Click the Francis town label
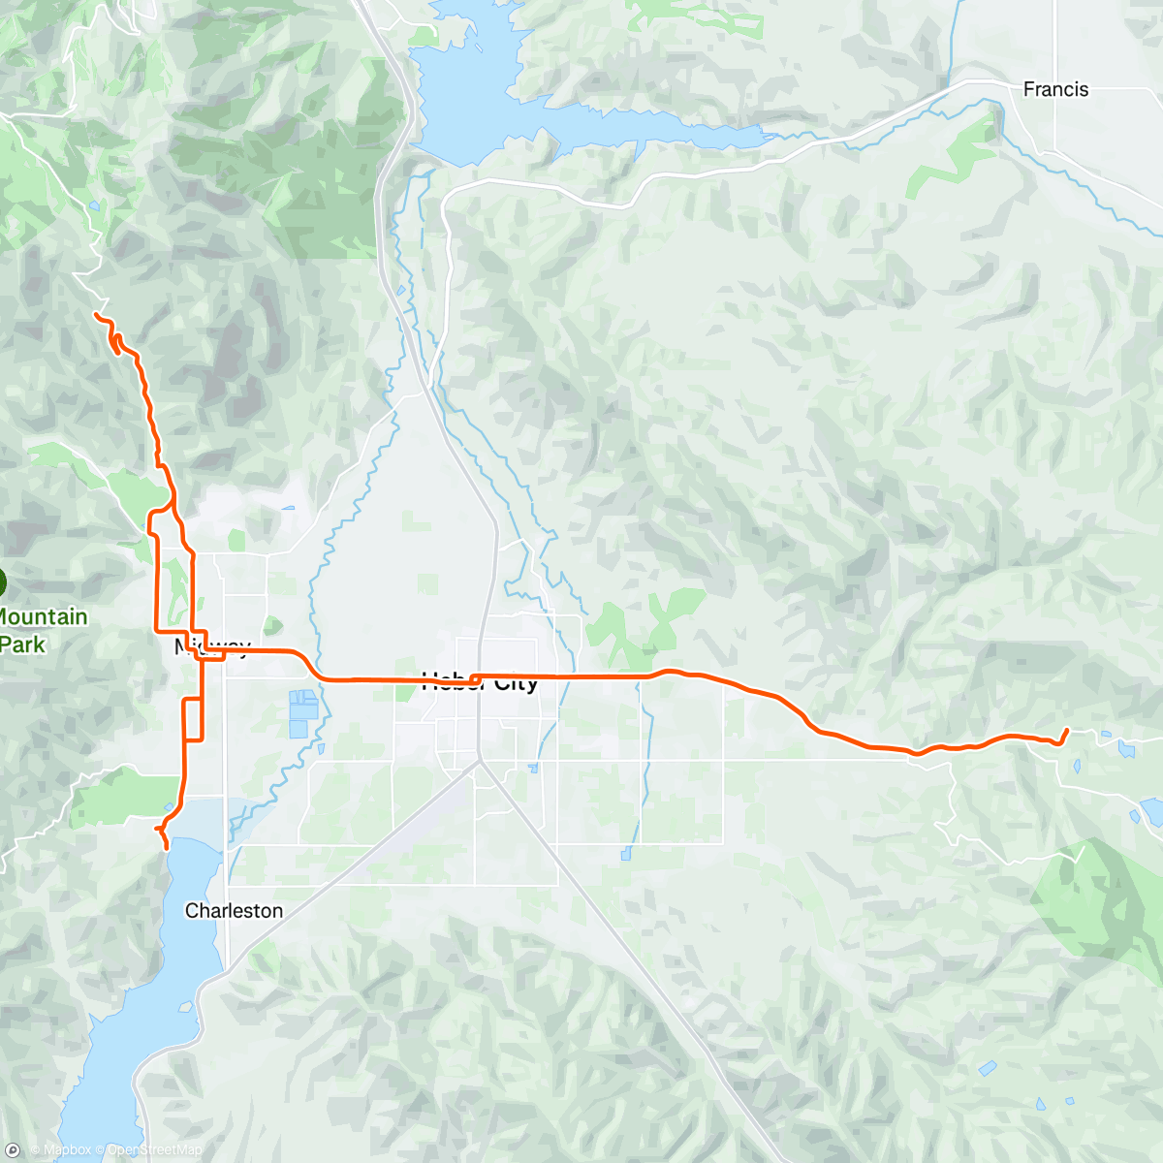click(x=1055, y=89)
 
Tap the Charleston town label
click(x=234, y=910)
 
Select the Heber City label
click(x=480, y=683)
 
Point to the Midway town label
click(x=212, y=646)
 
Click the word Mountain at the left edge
click(x=44, y=616)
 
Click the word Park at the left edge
click(x=22, y=644)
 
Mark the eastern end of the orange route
click(x=1067, y=730)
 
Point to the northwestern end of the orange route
click(x=95, y=315)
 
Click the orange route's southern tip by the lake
click(x=167, y=848)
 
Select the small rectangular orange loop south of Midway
click(x=193, y=718)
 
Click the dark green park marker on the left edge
click(x=2, y=583)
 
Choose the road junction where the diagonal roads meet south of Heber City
click(x=479, y=761)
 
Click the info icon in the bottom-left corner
click(x=13, y=1150)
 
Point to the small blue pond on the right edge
click(x=1153, y=811)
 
